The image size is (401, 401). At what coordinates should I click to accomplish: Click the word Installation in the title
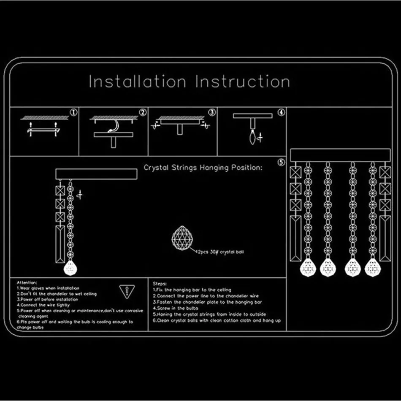(137, 81)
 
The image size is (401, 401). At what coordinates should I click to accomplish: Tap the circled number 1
(73, 112)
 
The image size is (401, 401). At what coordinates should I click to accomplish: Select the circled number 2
(143, 112)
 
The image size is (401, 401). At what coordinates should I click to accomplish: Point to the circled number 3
(212, 112)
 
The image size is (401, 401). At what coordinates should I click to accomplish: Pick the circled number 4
(281, 112)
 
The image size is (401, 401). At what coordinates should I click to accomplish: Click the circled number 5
(281, 163)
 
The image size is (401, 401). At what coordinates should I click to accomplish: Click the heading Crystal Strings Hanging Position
(203, 168)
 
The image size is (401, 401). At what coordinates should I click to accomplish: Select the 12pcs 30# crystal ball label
(219, 252)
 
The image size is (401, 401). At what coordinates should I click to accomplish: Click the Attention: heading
(27, 282)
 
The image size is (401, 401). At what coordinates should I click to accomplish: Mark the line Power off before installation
(47, 299)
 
